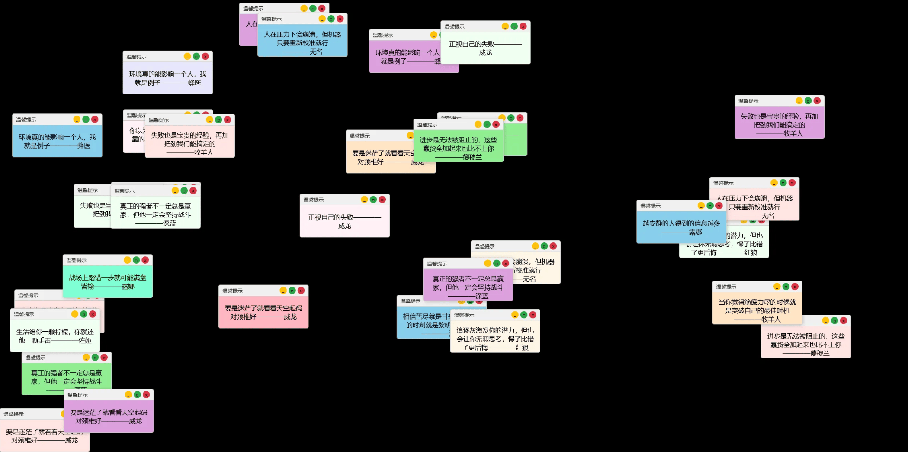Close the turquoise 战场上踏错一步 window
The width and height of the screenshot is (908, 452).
[x=145, y=260]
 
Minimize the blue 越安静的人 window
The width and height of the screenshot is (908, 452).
[x=701, y=206]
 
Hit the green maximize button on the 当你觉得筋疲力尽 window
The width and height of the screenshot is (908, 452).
[x=786, y=287]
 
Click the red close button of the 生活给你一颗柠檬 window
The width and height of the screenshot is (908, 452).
[x=93, y=314]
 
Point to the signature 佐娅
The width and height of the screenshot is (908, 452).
[x=85, y=341]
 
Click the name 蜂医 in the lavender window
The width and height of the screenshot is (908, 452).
[x=194, y=83]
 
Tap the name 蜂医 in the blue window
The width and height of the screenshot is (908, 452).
[x=84, y=146]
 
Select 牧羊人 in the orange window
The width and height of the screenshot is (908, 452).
[x=771, y=320]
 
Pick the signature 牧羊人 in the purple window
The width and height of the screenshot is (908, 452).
[x=793, y=134]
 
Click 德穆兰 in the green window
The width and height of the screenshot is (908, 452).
[x=472, y=157]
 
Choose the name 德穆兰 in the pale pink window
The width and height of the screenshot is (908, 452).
[x=820, y=353]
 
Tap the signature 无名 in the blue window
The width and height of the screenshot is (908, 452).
[x=316, y=52]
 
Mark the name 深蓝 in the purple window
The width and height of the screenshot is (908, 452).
[x=481, y=296]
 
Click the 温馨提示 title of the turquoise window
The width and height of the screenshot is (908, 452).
[x=77, y=260]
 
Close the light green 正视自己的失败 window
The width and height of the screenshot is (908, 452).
[x=523, y=26]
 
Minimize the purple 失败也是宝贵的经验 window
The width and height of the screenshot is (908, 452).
[x=799, y=101]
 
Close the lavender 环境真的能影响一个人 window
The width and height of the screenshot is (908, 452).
[x=205, y=57]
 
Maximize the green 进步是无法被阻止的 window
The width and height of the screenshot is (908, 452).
[x=487, y=125]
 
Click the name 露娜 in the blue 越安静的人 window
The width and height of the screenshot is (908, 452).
[x=695, y=232]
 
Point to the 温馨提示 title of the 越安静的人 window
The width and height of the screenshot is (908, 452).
[x=650, y=206]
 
